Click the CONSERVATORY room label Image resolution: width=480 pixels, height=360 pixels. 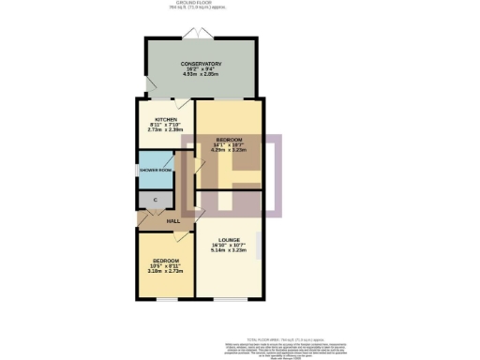click(202, 65)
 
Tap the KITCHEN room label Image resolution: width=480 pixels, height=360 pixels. click(153, 119)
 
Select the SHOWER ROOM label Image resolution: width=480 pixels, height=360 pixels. click(156, 170)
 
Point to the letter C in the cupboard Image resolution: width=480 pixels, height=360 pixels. click(153, 201)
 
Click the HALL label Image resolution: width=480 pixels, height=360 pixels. click(173, 221)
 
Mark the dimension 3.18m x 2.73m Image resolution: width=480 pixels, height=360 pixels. click(167, 269)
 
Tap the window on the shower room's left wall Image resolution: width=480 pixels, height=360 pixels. click(138, 170)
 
